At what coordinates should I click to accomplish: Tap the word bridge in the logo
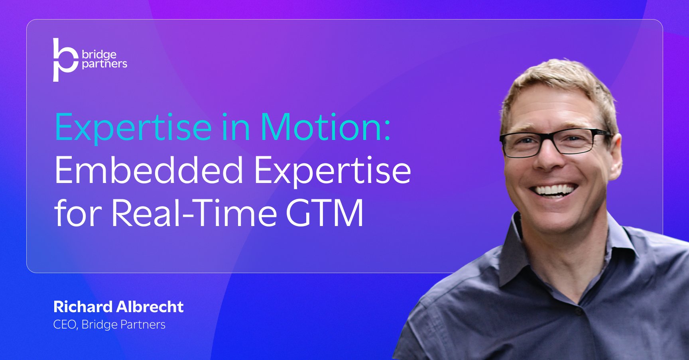point(99,54)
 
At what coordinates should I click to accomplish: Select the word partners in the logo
point(104,64)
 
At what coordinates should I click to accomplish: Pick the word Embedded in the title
point(148,171)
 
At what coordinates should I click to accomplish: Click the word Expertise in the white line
point(333,171)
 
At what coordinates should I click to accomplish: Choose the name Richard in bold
point(83,307)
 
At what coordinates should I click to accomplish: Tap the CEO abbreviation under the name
point(64,325)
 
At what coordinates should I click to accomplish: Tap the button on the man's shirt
point(579,314)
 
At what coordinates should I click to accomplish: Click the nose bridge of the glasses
point(548,138)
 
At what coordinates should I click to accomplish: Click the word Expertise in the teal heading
point(133,128)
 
